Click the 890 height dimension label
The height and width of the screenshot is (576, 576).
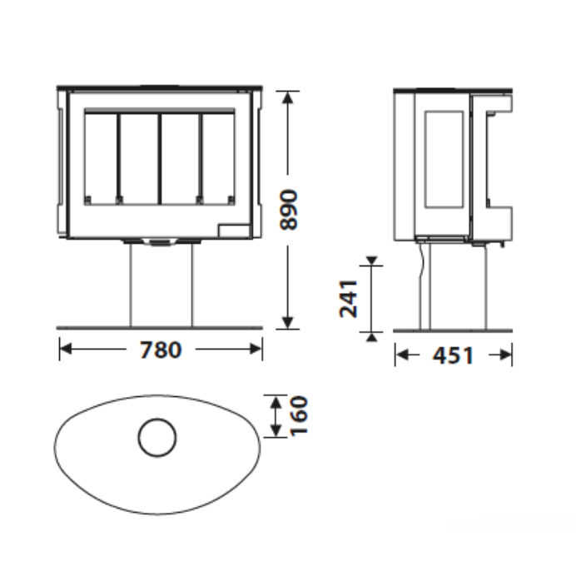[x=288, y=210]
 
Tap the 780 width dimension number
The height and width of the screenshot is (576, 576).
[x=161, y=350]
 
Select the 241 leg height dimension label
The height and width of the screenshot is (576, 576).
[x=348, y=299]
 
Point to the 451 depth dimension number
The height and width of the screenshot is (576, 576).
[x=453, y=355]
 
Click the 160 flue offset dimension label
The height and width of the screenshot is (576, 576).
[x=298, y=416]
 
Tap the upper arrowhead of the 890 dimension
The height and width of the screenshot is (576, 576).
[x=288, y=97]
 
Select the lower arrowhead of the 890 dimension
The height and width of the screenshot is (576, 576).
[x=288, y=322]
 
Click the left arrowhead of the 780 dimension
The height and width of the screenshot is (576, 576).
[x=66, y=349]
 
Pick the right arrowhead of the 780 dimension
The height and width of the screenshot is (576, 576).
[x=256, y=349]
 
